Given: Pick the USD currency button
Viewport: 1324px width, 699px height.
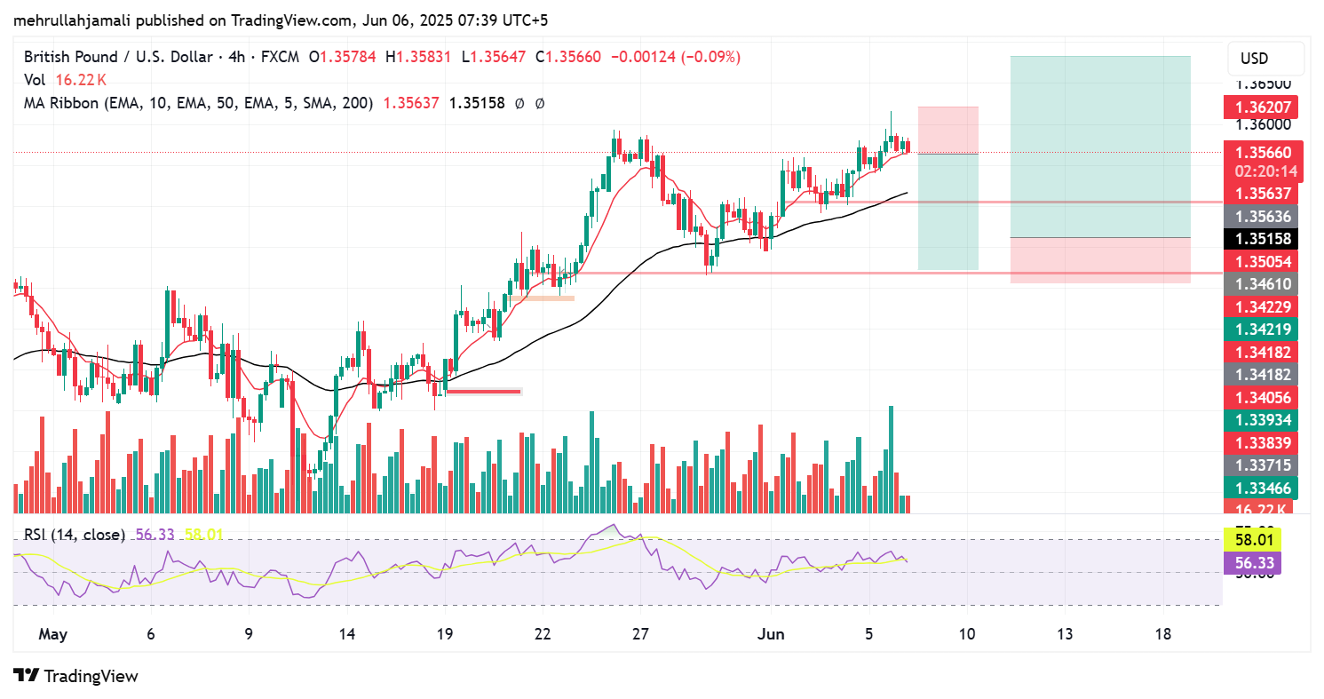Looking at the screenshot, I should click(x=1254, y=59).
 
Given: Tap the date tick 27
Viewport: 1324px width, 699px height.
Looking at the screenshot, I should click(x=640, y=634).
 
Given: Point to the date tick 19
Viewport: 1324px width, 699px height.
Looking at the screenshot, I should click(x=445, y=634).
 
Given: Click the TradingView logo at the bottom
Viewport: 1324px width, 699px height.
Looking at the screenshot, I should click(x=76, y=676).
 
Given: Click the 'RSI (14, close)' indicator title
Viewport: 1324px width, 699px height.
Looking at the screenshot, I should click(x=74, y=535).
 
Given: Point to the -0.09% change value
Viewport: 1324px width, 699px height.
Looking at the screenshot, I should click(x=713, y=57).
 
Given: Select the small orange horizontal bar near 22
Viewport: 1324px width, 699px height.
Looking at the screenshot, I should click(x=543, y=298).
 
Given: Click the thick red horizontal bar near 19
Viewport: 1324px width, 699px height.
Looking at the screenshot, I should click(x=484, y=391).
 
